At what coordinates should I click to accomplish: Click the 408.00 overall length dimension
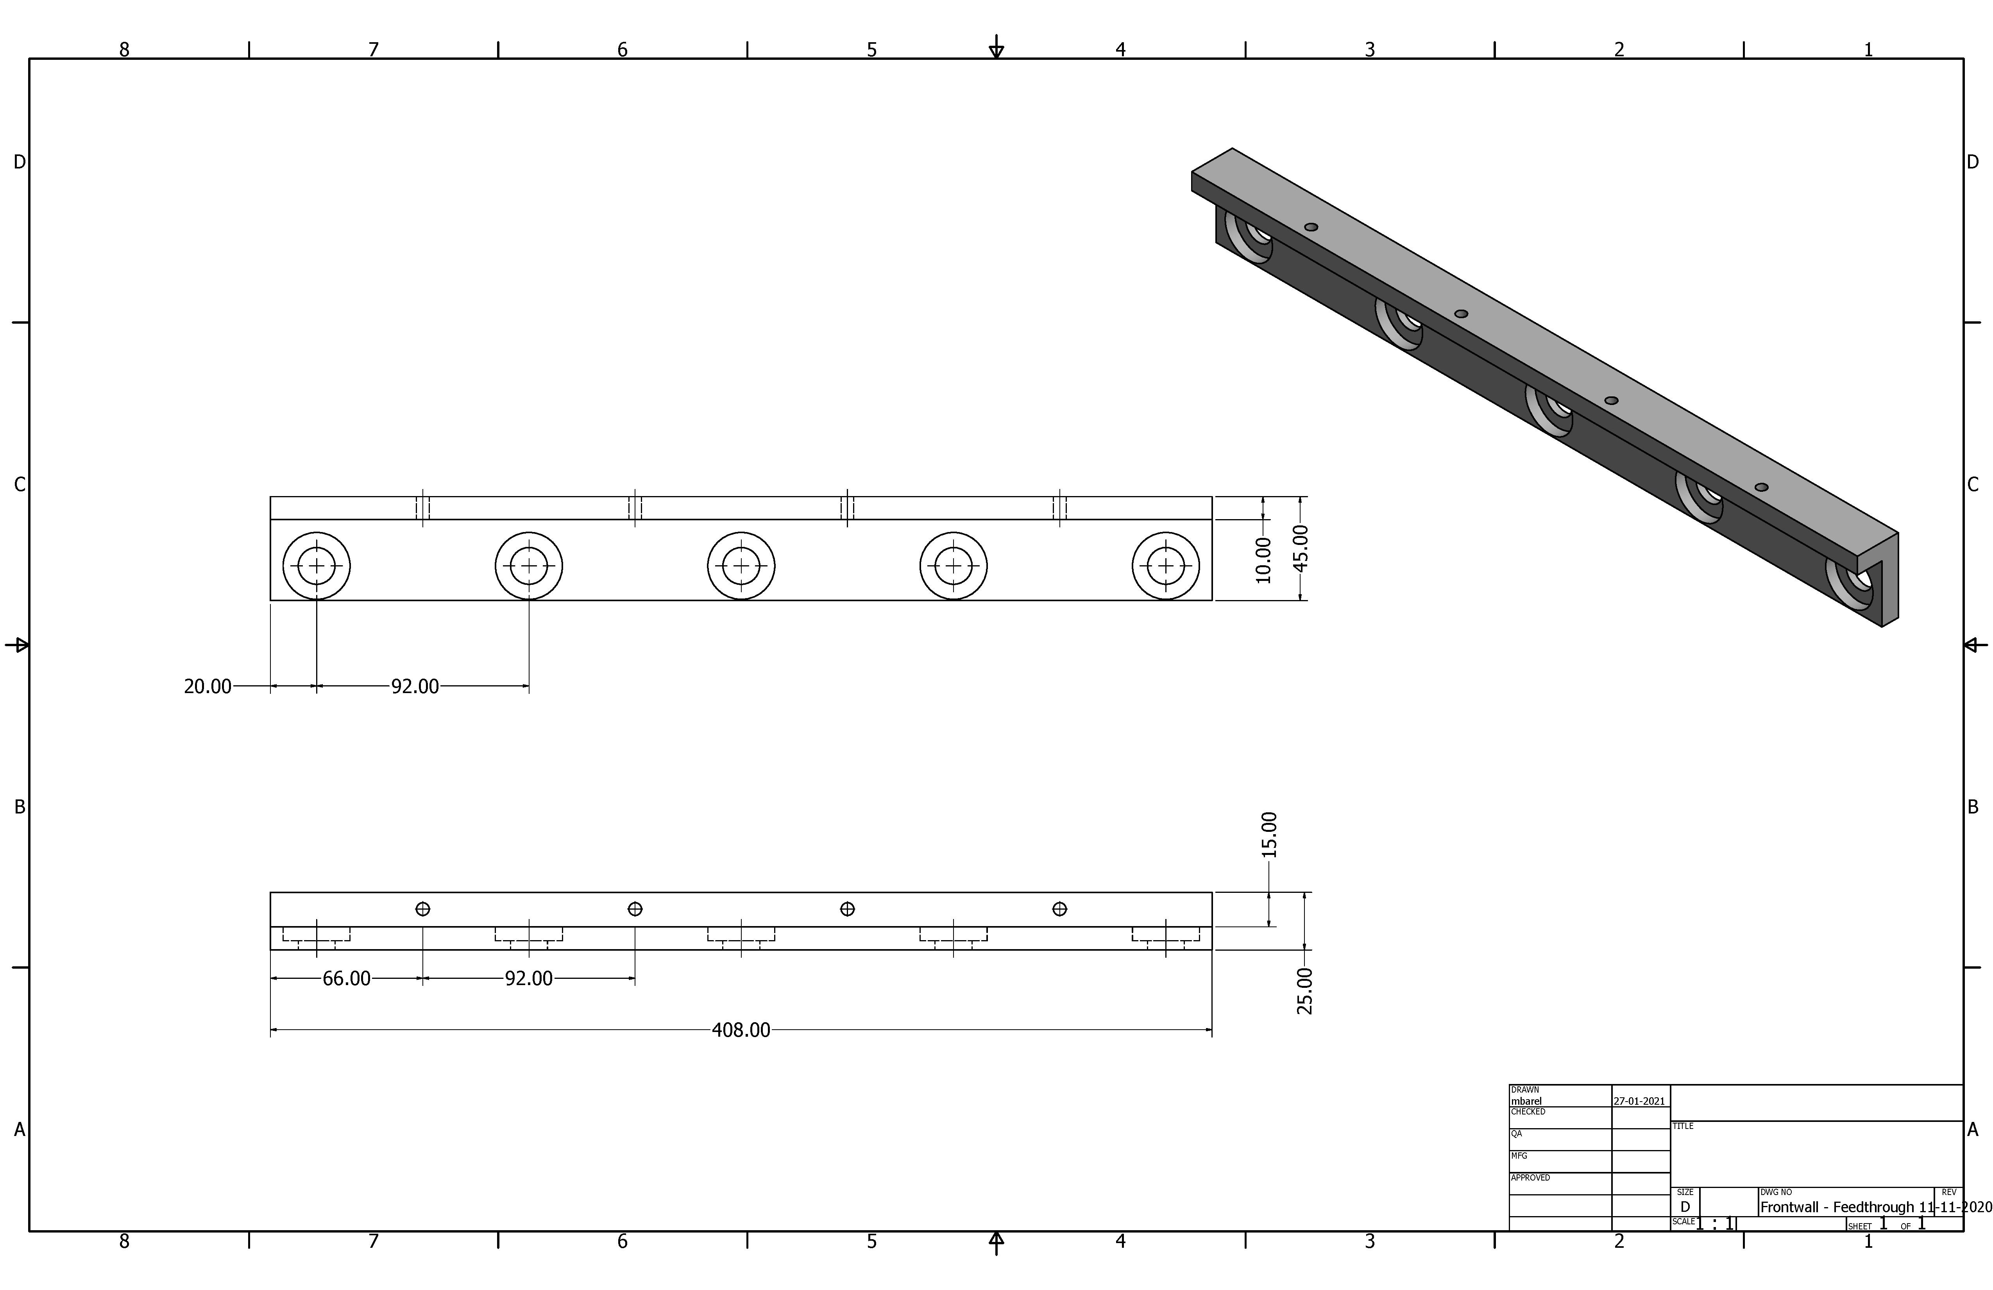point(740,1030)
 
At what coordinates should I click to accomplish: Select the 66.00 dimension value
point(346,978)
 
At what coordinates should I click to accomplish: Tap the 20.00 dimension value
point(207,686)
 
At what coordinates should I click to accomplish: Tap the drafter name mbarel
point(1526,1101)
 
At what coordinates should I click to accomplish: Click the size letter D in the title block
point(1685,1207)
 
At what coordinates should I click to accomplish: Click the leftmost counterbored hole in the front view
point(317,566)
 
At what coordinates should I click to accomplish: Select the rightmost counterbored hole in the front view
point(1166,566)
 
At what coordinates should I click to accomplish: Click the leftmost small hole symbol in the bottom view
point(423,909)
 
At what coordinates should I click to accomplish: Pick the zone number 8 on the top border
point(124,49)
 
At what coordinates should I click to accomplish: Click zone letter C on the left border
point(19,484)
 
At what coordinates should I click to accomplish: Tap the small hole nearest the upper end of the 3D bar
point(1311,227)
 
